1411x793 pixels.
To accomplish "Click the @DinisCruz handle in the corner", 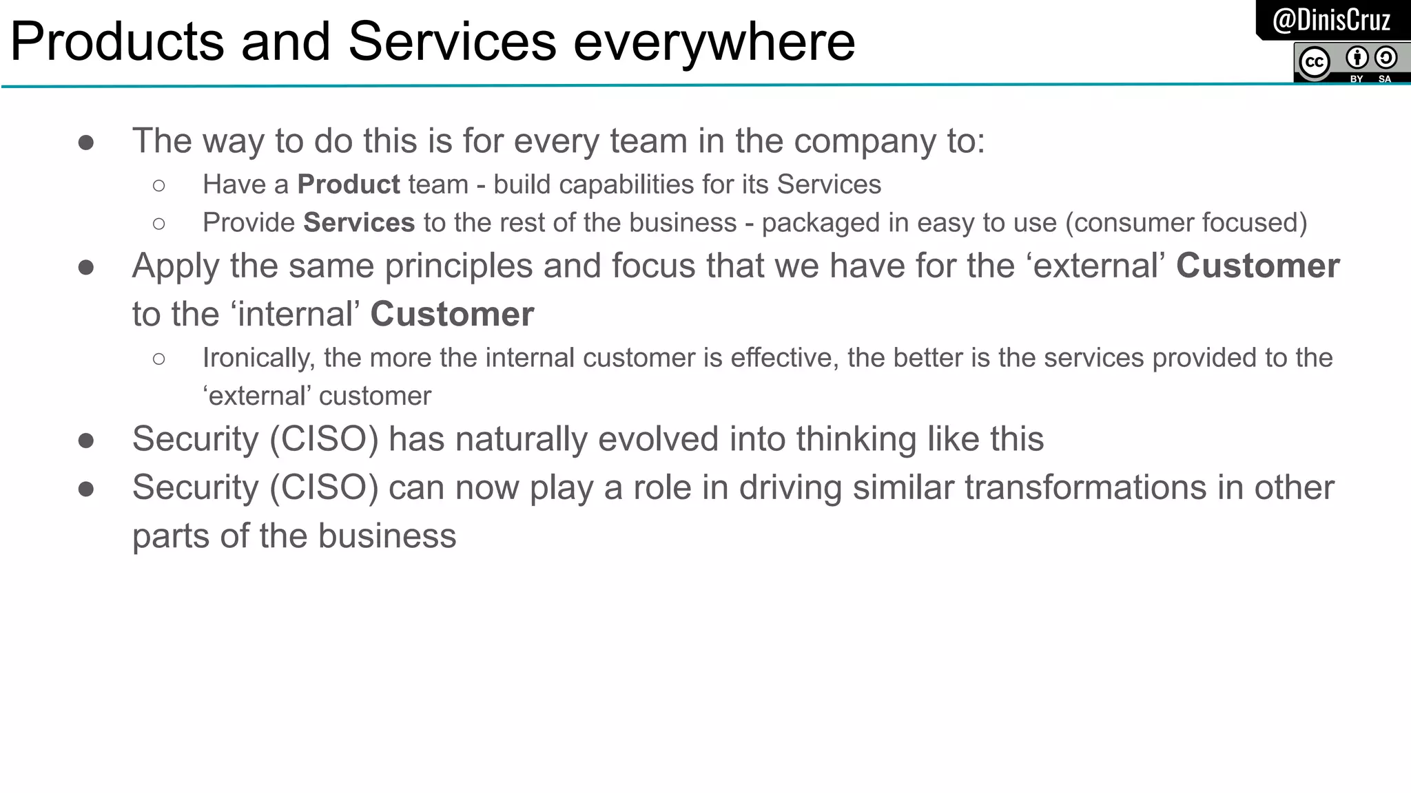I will (x=1331, y=20).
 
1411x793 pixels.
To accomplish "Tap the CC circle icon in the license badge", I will (x=1314, y=63).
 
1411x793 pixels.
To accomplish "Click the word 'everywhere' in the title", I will (x=714, y=41).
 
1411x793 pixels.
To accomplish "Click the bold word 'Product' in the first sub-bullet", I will (x=349, y=184).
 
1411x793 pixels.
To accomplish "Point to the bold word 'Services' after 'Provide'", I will (x=359, y=223).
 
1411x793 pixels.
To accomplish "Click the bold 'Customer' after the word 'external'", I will (x=1257, y=266).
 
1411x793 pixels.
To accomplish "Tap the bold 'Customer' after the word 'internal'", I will (x=452, y=315).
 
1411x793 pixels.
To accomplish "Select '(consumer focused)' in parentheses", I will (x=1186, y=223).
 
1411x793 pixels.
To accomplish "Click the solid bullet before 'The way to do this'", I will (x=86, y=142).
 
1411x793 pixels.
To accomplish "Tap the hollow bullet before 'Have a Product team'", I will (x=159, y=185).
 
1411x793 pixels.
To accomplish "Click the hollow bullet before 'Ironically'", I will (x=159, y=359).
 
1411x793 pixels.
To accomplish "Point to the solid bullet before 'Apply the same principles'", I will (x=86, y=267).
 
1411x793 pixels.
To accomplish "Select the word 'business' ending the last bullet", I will (x=387, y=536).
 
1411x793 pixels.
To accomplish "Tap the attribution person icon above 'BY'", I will (x=1357, y=57).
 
